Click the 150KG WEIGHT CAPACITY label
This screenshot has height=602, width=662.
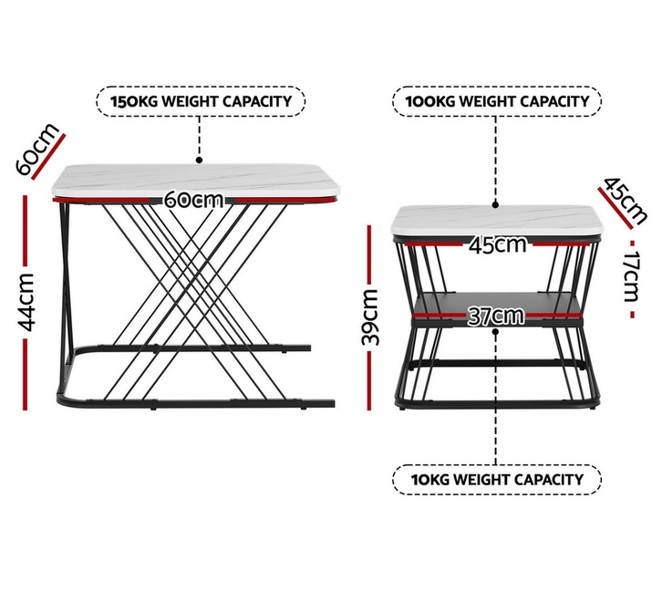click(x=201, y=101)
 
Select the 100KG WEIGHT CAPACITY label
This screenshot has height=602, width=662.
click(x=497, y=101)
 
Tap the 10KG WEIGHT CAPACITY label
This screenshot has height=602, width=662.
click(x=497, y=480)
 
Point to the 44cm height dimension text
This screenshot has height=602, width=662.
click(x=26, y=302)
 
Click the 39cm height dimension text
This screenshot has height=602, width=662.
click(x=370, y=317)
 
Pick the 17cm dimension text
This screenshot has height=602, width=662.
click(x=632, y=276)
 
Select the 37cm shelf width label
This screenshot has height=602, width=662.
click(x=496, y=316)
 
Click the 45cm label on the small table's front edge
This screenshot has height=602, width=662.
click(x=498, y=244)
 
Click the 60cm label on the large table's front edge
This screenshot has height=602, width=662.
click(x=193, y=199)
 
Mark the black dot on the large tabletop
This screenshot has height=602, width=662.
click(x=200, y=161)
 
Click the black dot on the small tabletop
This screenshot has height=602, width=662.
click(x=496, y=205)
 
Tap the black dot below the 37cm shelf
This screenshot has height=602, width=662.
click(x=496, y=332)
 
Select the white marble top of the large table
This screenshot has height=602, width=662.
click(x=196, y=181)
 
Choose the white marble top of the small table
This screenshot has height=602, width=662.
click(x=497, y=221)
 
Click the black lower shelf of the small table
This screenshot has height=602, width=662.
click(x=497, y=305)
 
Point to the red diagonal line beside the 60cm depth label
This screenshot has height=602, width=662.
click(x=48, y=157)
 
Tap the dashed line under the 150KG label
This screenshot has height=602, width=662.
click(x=200, y=137)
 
